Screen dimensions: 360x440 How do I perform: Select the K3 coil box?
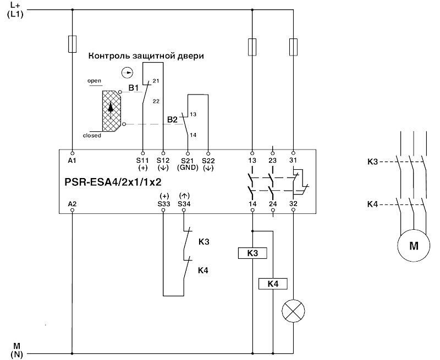click(x=252, y=253)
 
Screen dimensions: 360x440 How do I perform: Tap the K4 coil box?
click(x=273, y=284)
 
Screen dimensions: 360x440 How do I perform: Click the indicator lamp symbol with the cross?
click(x=293, y=312)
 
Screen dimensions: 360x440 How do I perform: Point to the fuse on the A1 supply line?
click(x=72, y=44)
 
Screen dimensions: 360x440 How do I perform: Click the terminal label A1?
click(x=72, y=160)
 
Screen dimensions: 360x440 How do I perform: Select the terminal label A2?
click(x=72, y=203)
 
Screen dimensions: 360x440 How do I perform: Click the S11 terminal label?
click(x=143, y=160)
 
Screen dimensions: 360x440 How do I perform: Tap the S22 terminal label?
click(x=208, y=160)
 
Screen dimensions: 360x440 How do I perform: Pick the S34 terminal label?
click(x=184, y=203)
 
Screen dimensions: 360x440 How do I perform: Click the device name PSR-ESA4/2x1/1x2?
click(x=113, y=182)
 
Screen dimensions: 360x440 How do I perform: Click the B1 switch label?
click(x=133, y=87)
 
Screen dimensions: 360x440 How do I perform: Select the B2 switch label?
click(x=172, y=119)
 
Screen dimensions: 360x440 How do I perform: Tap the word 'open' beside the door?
click(x=95, y=81)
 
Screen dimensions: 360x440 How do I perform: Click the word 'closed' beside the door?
click(x=92, y=135)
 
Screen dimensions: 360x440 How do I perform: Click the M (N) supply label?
click(x=16, y=350)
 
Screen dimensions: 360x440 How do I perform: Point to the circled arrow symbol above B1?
click(x=127, y=72)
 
